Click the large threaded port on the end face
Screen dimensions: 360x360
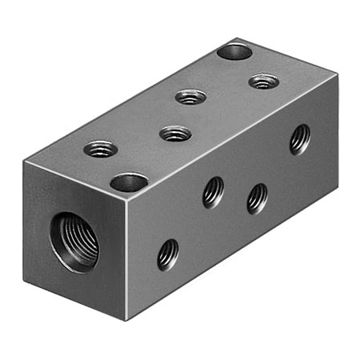pos(74,240)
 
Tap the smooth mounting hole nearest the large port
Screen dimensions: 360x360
pos(129,182)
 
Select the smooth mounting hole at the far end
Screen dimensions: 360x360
pos(234,53)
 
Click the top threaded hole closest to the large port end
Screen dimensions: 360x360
pos(102,148)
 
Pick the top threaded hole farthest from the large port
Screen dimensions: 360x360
pos(262,81)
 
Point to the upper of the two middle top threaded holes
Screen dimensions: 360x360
pos(190,97)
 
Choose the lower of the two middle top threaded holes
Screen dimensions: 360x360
pos(175,133)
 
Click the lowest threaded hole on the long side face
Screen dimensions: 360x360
pos(167,254)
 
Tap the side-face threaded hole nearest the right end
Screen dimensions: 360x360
pos(299,138)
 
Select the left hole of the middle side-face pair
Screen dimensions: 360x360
pos(213,192)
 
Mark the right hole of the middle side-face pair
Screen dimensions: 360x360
pos(257,198)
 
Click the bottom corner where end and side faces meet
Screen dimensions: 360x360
pos(127,318)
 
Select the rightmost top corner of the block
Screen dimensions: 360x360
pos(337,77)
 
